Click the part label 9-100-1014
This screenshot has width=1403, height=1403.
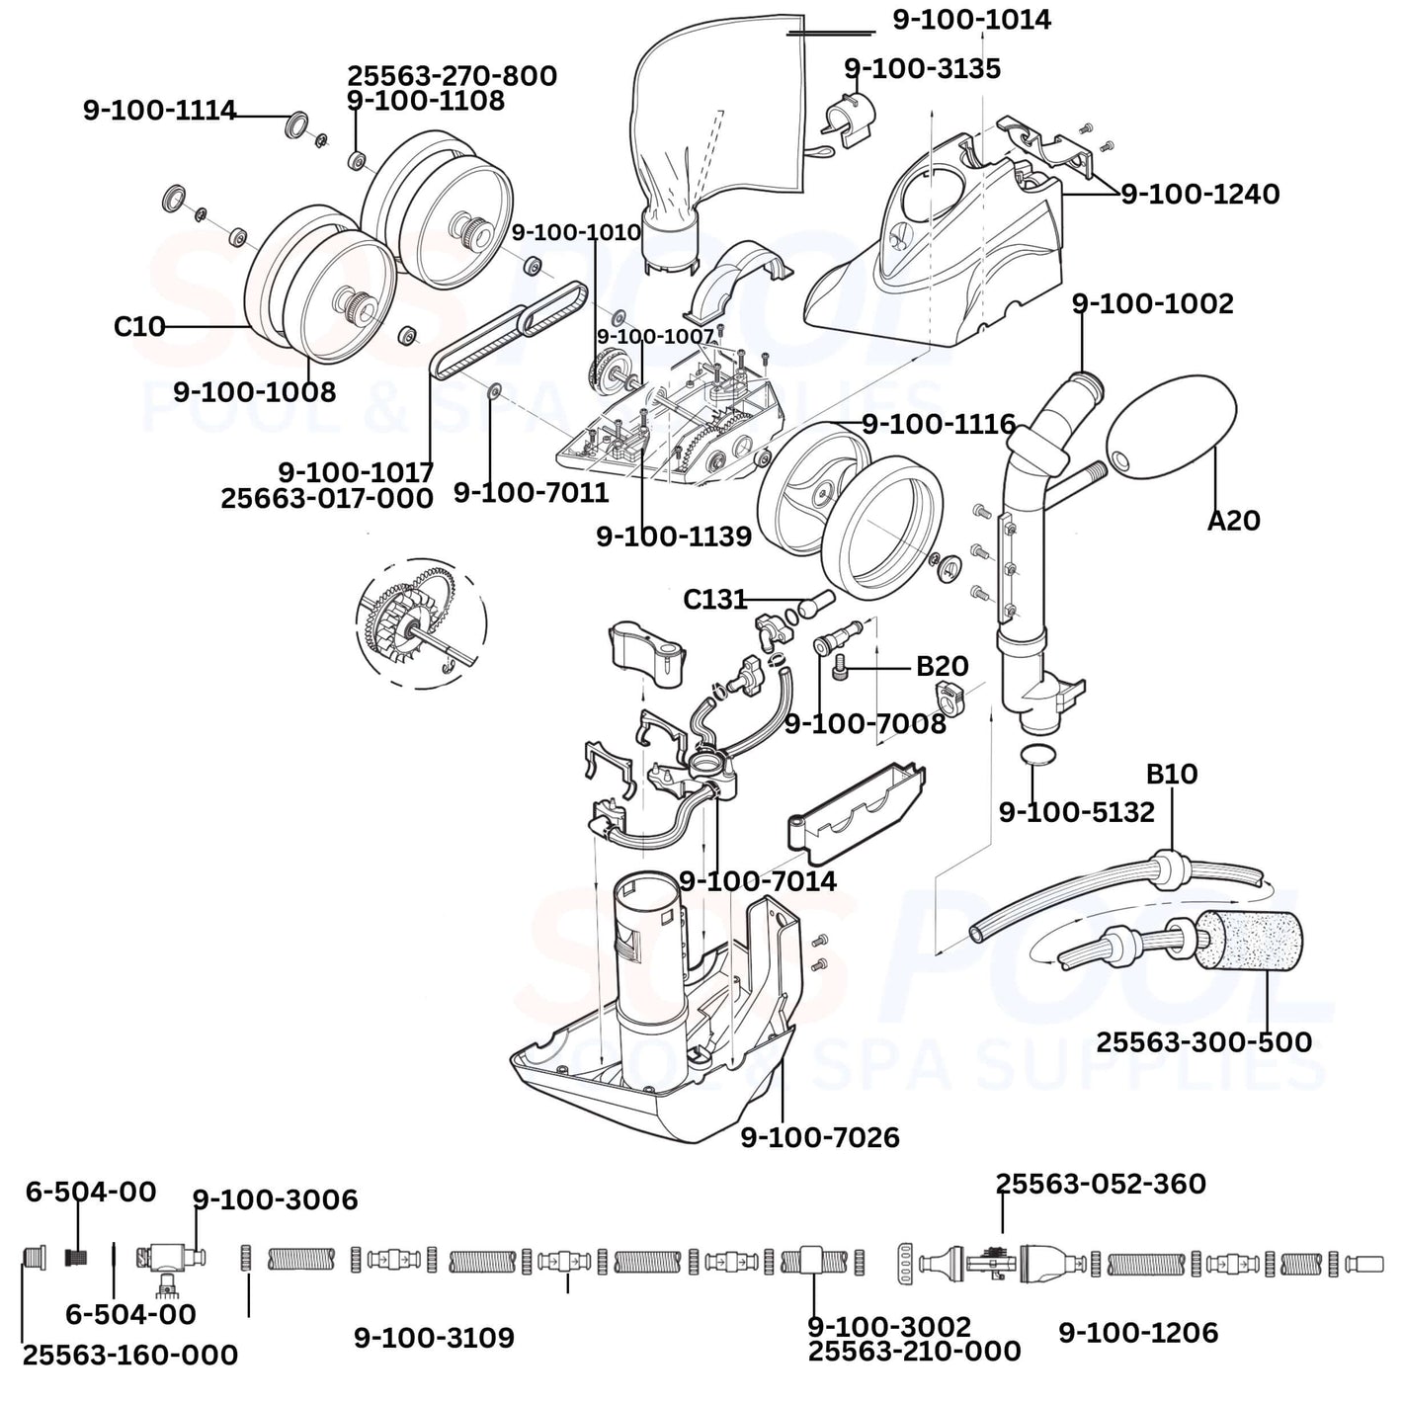click(x=971, y=20)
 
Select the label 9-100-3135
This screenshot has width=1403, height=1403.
click(x=922, y=69)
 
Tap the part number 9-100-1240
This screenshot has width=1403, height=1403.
click(x=1199, y=194)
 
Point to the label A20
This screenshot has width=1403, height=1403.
click(x=1233, y=520)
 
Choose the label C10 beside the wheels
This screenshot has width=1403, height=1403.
click(x=139, y=326)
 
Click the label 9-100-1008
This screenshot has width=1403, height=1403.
click(x=254, y=391)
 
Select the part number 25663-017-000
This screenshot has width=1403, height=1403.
click(x=326, y=498)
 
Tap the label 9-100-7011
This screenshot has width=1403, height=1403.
click(x=531, y=492)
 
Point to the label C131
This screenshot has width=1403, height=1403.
click(x=714, y=600)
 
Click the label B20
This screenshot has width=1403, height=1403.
click(x=942, y=666)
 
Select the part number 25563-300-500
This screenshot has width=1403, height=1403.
click(x=1203, y=1041)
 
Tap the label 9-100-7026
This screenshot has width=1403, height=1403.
click(x=820, y=1137)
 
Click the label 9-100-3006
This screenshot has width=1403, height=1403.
click(x=275, y=1199)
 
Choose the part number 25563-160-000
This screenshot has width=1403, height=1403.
click(x=130, y=1355)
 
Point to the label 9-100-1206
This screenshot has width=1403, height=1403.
click(x=1138, y=1333)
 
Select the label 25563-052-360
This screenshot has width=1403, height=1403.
click(x=1101, y=1184)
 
